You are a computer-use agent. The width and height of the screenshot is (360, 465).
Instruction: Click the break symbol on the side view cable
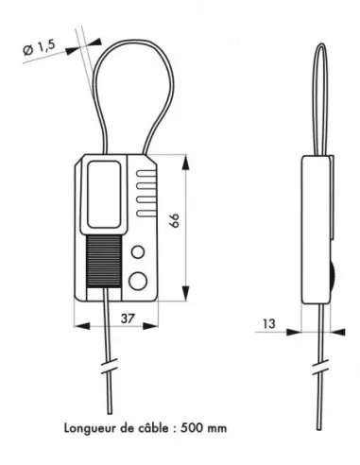click(321, 365)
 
